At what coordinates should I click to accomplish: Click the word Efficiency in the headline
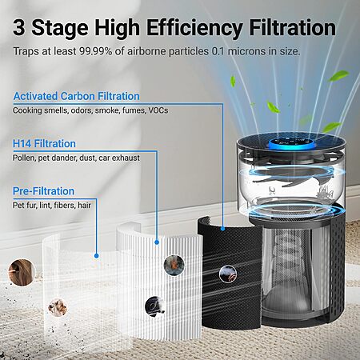click(x=194, y=29)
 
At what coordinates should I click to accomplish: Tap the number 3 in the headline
click(x=19, y=27)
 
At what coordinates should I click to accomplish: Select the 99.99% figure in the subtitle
click(x=96, y=51)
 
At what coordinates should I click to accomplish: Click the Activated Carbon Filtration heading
click(x=76, y=96)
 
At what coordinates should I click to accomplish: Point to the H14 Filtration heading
click(x=44, y=144)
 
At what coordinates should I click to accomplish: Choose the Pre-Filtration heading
click(x=44, y=191)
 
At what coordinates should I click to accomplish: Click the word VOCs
click(x=158, y=110)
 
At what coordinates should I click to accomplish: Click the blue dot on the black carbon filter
click(x=222, y=228)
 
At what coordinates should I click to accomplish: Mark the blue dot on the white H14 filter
click(x=157, y=242)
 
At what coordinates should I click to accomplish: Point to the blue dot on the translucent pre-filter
click(x=97, y=256)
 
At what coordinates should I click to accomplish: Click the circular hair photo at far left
click(x=22, y=272)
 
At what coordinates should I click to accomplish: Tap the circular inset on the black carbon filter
click(x=228, y=274)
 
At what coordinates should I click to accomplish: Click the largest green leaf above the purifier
click(x=338, y=75)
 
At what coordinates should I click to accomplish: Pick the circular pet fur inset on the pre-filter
click(x=58, y=307)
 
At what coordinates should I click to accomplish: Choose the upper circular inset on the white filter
click(x=174, y=265)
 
